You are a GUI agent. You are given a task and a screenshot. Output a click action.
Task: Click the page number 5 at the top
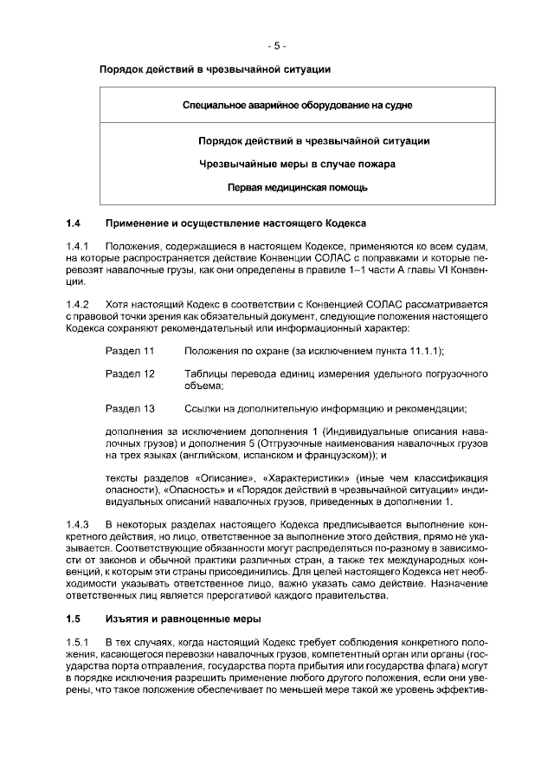[277, 45]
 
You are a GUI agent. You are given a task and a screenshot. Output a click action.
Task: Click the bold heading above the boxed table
[215, 68]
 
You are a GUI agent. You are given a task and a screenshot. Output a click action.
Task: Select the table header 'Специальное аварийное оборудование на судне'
[297, 105]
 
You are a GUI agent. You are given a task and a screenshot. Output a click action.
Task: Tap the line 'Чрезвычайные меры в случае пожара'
[297, 163]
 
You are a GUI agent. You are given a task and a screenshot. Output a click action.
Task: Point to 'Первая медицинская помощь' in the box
[297, 186]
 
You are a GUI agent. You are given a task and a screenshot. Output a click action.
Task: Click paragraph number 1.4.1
[78, 246]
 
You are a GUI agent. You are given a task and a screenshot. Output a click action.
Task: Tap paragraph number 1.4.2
[78, 304]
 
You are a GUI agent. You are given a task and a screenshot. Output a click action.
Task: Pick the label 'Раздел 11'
[129, 350]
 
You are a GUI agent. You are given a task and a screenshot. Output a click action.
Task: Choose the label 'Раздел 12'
[129, 373]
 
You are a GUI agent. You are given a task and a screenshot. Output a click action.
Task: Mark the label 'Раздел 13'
[129, 408]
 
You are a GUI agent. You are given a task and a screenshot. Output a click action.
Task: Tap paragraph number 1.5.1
[78, 641]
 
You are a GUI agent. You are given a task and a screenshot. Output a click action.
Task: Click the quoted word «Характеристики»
[304, 477]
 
